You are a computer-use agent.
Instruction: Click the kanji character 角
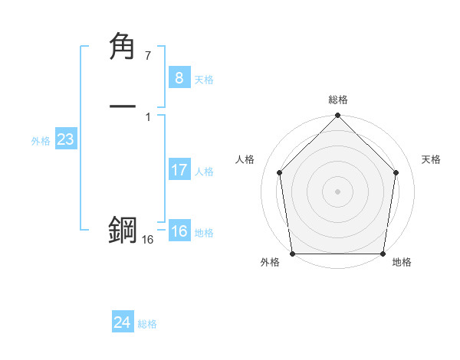[x=123, y=47]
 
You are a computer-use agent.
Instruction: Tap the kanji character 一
[x=123, y=107]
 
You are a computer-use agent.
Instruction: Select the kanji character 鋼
[x=123, y=231]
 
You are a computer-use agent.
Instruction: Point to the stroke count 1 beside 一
[x=147, y=116]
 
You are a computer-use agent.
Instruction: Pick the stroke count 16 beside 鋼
[x=147, y=240]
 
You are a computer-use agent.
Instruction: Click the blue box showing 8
[x=179, y=77]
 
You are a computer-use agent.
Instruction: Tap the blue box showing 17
[x=179, y=170]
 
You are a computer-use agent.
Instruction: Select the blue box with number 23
[x=65, y=140]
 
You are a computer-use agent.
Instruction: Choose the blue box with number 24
[x=123, y=322]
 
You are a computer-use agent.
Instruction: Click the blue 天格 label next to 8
[x=204, y=80]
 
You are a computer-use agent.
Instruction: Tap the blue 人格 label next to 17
[x=204, y=172]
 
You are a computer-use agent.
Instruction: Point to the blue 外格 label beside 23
[x=41, y=141]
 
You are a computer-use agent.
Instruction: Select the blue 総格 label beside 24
[x=147, y=324]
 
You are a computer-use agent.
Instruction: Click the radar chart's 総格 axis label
[x=338, y=100]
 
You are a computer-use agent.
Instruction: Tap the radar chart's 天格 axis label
[x=431, y=159]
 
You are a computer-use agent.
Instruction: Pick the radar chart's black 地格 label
[x=402, y=262]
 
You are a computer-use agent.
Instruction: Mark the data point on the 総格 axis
[x=338, y=116]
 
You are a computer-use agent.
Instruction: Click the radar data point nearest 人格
[x=279, y=172]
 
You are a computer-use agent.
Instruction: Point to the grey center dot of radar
[x=338, y=191]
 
